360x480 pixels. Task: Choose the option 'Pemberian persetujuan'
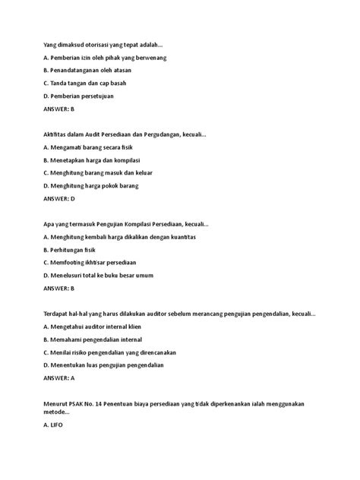pos(84,96)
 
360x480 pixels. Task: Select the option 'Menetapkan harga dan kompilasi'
pos(95,159)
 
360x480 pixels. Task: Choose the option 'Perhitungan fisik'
pos(77,250)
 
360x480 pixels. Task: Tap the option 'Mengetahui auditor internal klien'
pos(97,327)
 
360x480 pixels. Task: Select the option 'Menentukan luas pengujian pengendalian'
pos(109,365)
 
